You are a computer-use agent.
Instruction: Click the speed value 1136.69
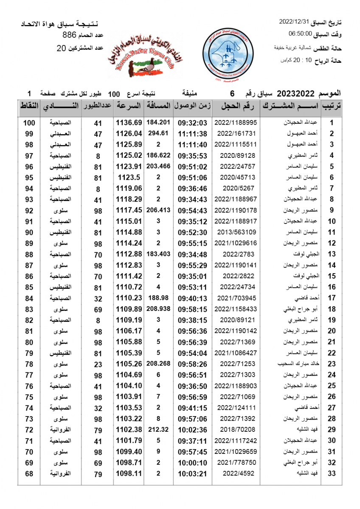129,123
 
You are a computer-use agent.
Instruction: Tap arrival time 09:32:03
192,123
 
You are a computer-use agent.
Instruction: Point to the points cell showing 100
29,123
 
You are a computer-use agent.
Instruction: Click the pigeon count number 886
69,35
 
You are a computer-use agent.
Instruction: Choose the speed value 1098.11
129,473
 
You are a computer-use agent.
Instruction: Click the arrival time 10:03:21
192,473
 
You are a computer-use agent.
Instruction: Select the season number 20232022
295,93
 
